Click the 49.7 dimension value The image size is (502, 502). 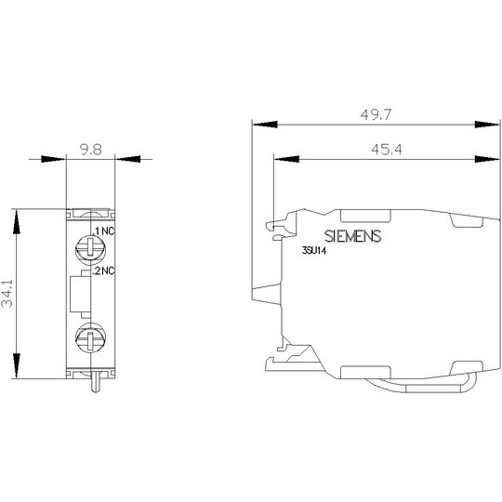tap(376, 114)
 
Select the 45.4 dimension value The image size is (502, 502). tap(387, 150)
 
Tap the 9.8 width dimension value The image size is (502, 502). tap(91, 150)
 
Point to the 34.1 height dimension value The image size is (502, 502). tap(7, 294)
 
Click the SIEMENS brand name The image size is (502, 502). tap(353, 236)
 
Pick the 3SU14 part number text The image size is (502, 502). tap(314, 251)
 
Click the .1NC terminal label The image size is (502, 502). tap(103, 231)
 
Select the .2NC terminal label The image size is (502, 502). tap(103, 271)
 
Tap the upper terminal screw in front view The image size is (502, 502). tap(90, 249)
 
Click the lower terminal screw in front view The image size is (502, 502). tap(90, 337)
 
